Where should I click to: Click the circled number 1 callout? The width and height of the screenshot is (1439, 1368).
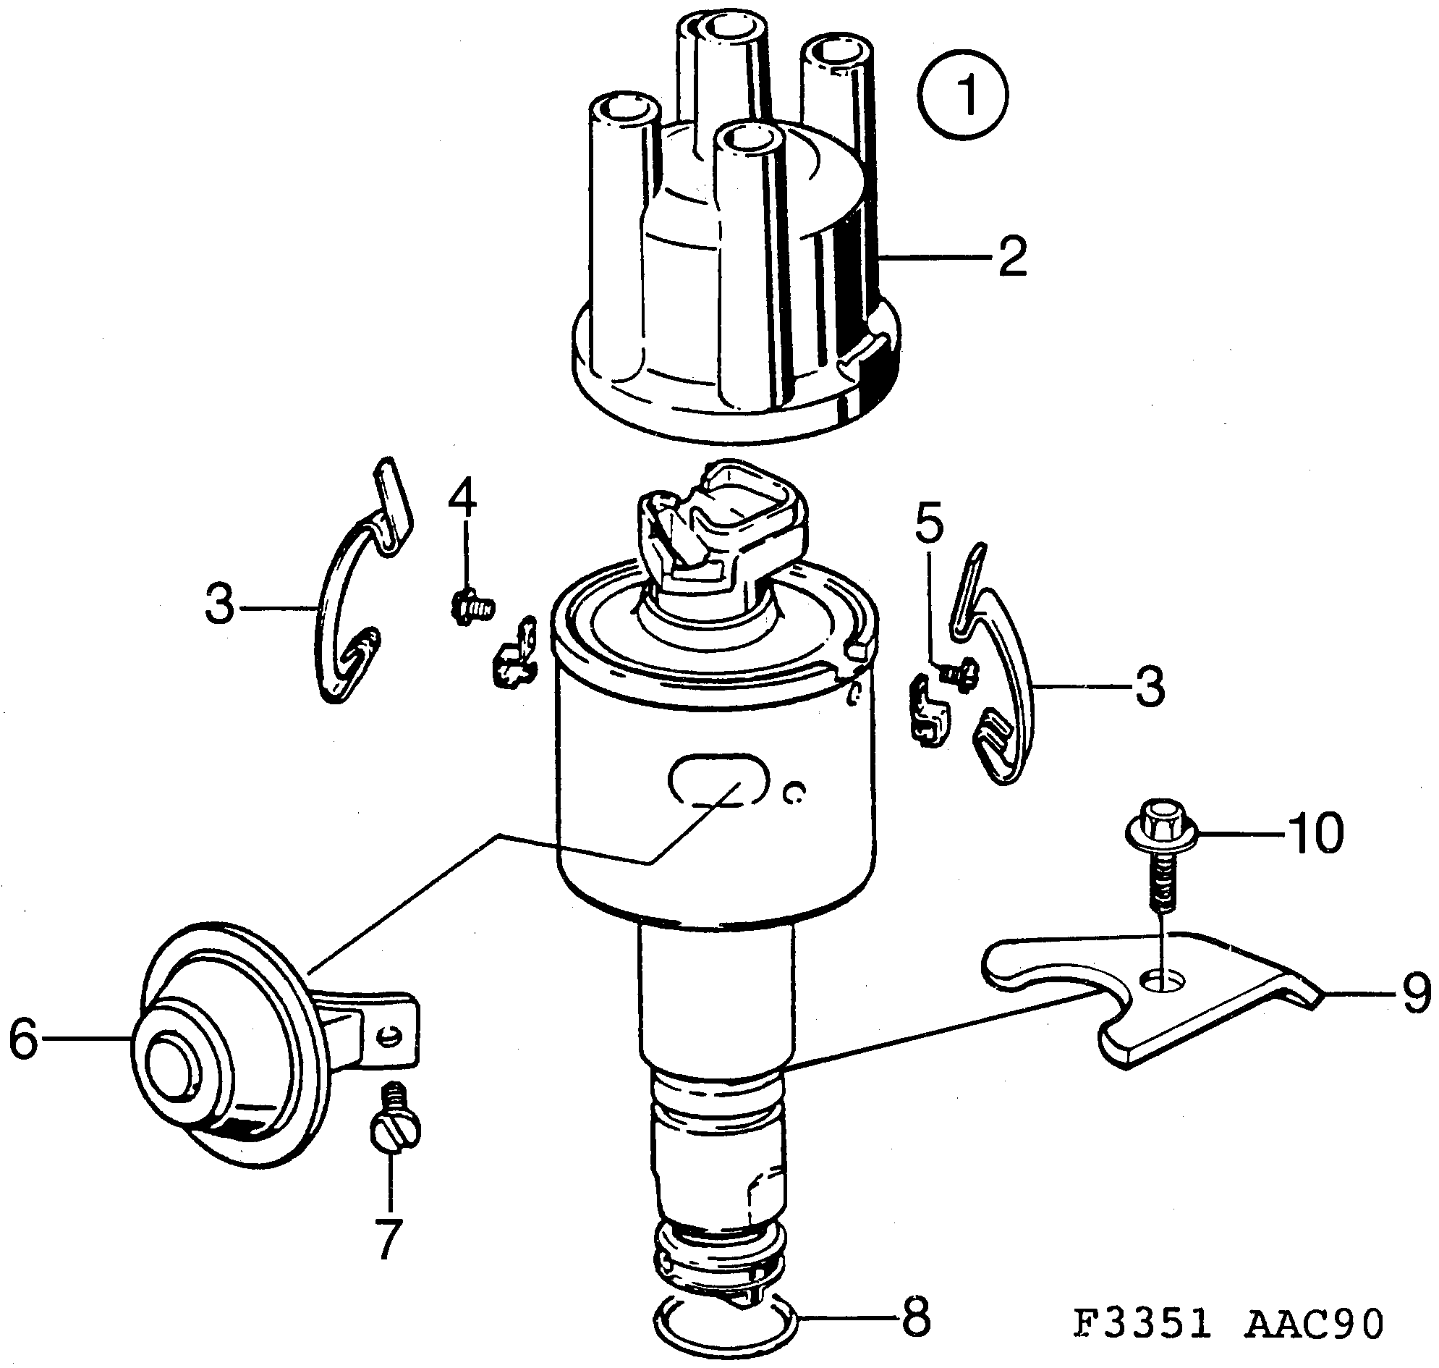point(964,94)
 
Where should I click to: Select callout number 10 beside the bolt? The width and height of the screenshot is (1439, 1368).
point(1315,833)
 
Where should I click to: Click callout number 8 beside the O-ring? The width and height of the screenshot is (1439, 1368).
point(916,1317)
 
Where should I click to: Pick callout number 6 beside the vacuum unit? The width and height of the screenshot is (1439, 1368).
point(23,1040)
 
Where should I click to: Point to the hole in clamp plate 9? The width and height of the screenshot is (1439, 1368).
point(1163,981)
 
